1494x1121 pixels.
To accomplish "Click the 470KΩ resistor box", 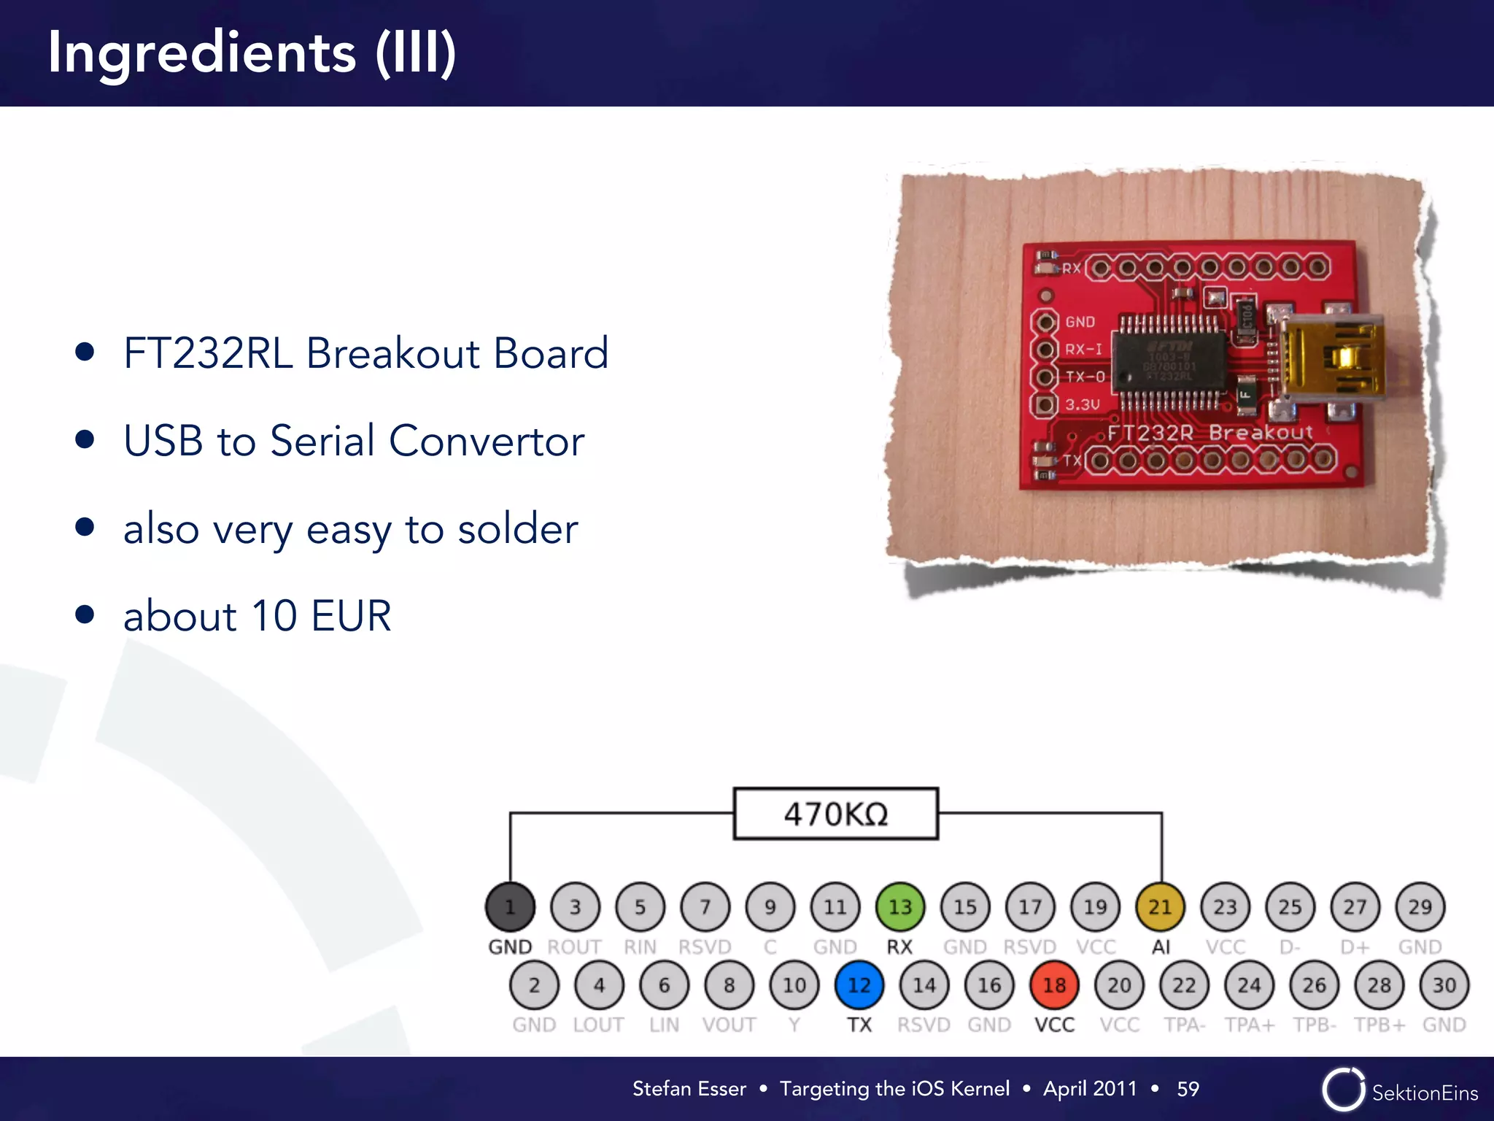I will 835,814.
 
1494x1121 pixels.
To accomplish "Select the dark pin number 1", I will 510,907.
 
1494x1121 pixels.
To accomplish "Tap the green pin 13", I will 900,907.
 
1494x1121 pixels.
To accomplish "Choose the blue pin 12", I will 859,985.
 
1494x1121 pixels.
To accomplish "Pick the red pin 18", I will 1054,985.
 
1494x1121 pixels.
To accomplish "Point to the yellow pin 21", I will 1160,907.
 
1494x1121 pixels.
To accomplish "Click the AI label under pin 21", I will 1161,947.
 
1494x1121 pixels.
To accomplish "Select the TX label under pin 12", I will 859,1025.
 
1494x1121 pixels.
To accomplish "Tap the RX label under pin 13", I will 899,947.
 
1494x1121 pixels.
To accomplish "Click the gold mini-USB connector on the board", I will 1331,358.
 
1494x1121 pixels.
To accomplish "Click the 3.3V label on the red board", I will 1082,404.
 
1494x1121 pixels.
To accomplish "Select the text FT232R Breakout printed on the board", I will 1209,433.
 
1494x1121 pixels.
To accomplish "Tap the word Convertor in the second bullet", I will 487,441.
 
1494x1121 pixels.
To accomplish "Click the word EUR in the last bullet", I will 351,616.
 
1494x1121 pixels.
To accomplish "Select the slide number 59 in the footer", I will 1188,1089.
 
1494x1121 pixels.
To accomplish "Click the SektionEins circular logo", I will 1343,1090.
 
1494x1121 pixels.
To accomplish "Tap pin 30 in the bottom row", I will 1444,985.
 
